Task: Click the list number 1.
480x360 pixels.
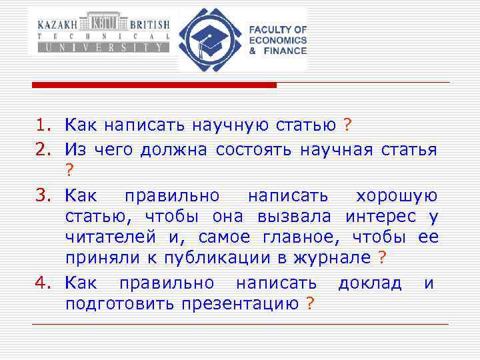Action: (x=43, y=125)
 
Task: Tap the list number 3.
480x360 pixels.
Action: (x=43, y=195)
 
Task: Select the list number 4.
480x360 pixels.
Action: (x=43, y=283)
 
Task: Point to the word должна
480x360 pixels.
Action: (x=175, y=151)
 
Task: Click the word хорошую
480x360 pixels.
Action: (x=397, y=195)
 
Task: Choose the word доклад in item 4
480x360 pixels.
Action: (x=369, y=283)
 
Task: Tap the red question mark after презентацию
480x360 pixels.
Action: (x=309, y=304)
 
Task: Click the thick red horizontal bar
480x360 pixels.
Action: (x=153, y=85)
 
